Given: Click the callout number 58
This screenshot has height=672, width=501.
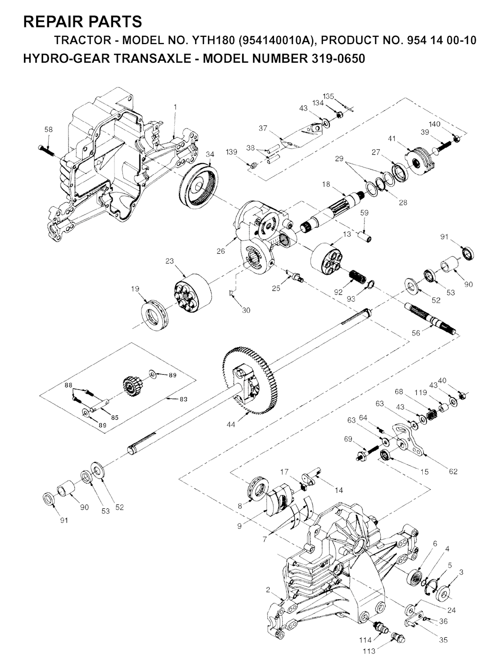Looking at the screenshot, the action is [48, 129].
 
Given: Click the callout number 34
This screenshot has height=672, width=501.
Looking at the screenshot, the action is [210, 154].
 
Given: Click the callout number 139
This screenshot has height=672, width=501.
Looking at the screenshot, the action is [232, 152].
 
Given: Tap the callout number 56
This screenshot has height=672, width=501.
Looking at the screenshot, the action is [416, 333].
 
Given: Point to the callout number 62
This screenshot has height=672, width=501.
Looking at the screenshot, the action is [453, 472].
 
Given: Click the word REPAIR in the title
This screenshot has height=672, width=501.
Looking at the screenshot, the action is [52, 22].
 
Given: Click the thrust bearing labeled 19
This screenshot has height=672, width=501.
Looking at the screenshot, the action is [155, 315].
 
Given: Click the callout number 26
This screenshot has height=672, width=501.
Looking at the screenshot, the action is [221, 251].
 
